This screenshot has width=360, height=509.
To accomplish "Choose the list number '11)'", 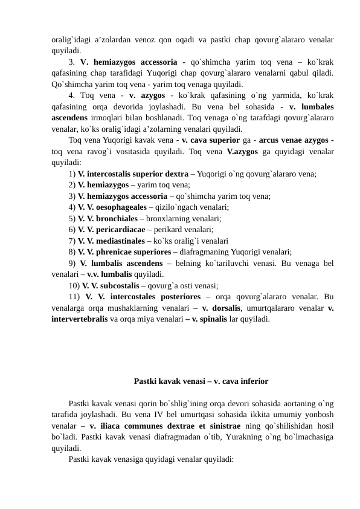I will [x=75, y=297].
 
